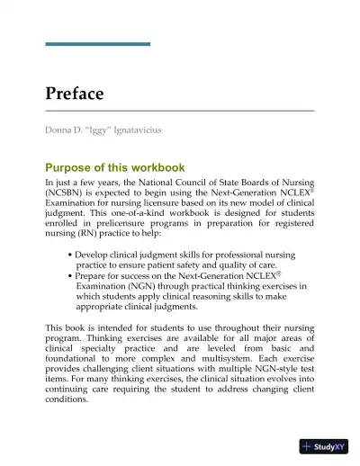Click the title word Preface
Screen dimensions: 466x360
(x=75, y=94)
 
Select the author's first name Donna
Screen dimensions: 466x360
(x=61, y=130)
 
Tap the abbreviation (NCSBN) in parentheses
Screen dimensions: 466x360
(x=67, y=193)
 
